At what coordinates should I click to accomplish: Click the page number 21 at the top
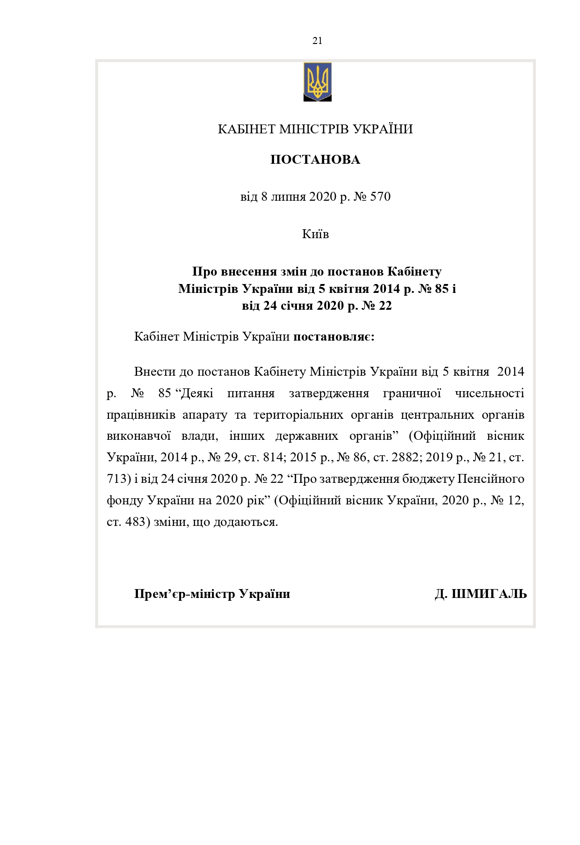pyautogui.click(x=317, y=41)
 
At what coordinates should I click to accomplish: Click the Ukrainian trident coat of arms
pyautogui.click(x=318, y=81)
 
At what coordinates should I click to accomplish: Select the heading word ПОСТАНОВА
pyautogui.click(x=315, y=160)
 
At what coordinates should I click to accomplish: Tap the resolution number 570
pyautogui.click(x=380, y=197)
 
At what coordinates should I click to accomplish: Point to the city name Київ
pyautogui.click(x=315, y=234)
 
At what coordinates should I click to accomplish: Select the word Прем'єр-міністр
pyautogui.click(x=185, y=594)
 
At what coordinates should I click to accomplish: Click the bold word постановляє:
pyautogui.click(x=333, y=337)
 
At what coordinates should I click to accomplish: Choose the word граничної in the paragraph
pyautogui.click(x=412, y=393)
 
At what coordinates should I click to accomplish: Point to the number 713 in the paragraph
pyautogui.click(x=116, y=479)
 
